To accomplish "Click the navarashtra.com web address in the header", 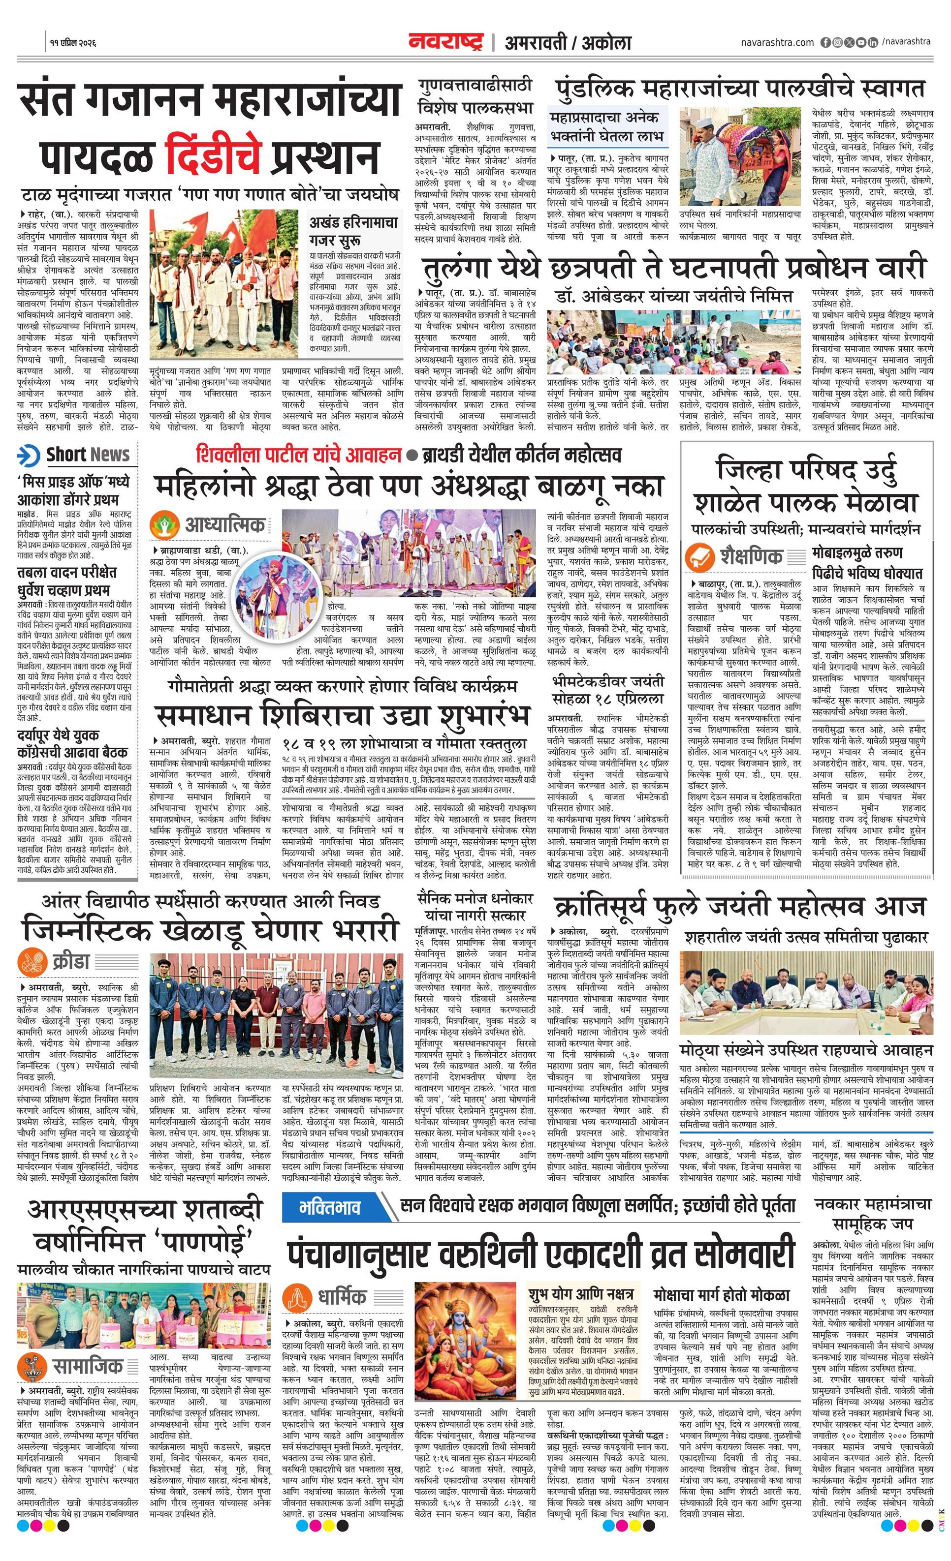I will point(777,42).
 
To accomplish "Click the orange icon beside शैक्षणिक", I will point(700,557).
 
